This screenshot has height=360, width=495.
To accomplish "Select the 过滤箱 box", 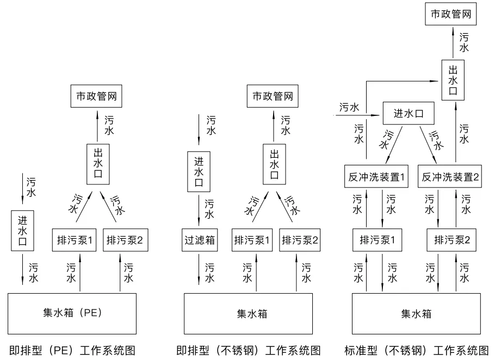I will point(199,240).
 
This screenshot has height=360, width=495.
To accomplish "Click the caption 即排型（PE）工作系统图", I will point(71,349).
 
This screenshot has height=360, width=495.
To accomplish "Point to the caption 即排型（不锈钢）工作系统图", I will point(249,349).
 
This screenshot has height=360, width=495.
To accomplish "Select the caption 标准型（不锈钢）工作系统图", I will point(417,349).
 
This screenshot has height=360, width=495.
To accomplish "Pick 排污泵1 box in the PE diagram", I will point(75,240).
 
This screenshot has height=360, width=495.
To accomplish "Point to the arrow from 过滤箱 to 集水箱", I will point(199,272).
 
